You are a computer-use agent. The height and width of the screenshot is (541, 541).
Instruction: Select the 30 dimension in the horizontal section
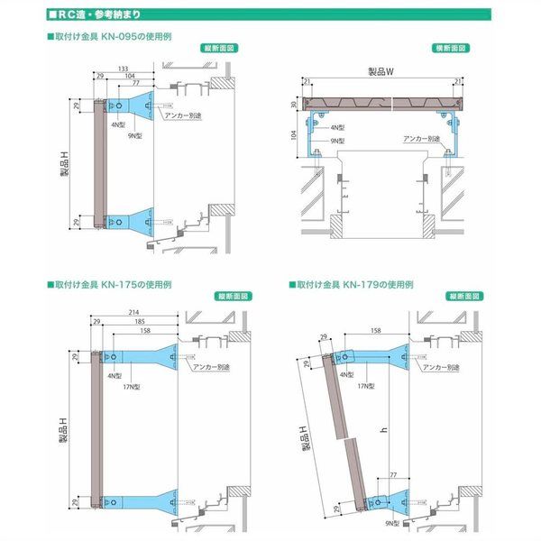click(x=294, y=107)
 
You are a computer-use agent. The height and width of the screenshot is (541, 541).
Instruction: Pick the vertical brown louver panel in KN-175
click(x=96, y=434)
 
